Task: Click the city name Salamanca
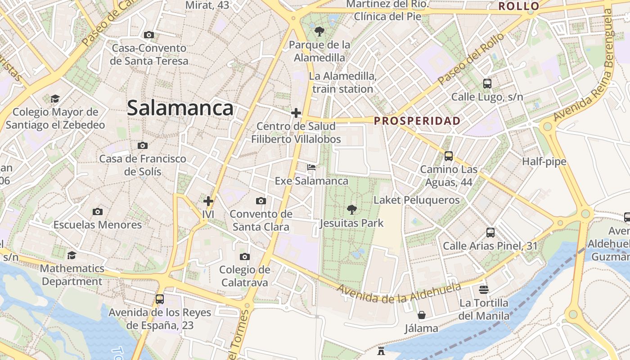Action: (180, 108)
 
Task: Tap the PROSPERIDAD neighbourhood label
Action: (417, 121)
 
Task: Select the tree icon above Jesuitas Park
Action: (352, 209)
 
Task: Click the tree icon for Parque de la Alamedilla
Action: (319, 31)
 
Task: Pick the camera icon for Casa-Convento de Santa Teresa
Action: (148, 35)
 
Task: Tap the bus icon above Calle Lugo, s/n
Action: (487, 83)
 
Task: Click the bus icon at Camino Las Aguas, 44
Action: (448, 156)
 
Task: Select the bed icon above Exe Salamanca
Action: (311, 167)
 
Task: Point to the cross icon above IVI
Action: (208, 201)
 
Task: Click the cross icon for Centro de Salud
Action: (296, 112)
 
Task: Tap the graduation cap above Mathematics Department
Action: (72, 256)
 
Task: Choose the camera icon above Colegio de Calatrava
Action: (244, 256)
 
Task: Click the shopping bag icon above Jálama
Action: (421, 315)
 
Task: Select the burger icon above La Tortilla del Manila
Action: (484, 289)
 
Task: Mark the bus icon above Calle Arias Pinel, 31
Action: (490, 233)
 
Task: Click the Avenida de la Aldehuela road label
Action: (399, 293)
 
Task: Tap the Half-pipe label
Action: (544, 162)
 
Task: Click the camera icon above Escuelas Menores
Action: (97, 211)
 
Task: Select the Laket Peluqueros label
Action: (417, 200)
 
